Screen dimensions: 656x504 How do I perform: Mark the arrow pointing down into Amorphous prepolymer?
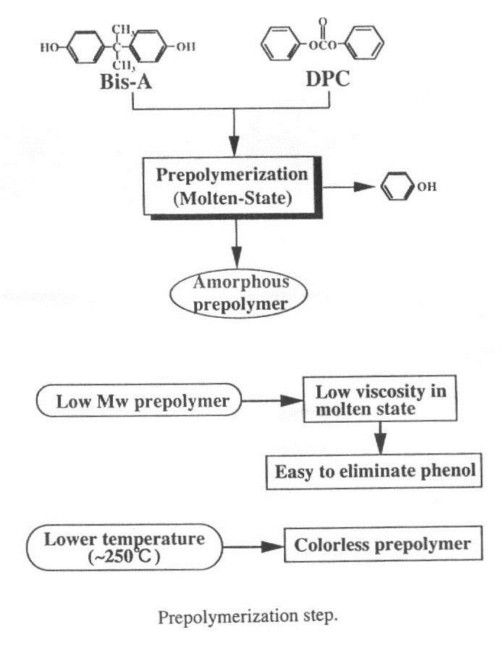(x=234, y=244)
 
